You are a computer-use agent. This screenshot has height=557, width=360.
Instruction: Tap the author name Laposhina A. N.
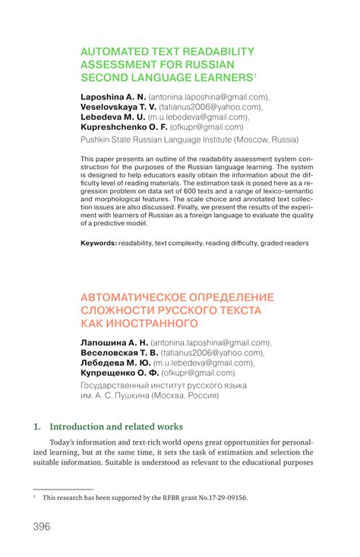pos(112,97)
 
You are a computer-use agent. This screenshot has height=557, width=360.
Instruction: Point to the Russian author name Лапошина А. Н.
pos(113,343)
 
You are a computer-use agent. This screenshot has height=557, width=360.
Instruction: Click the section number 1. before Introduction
pos(36,426)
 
